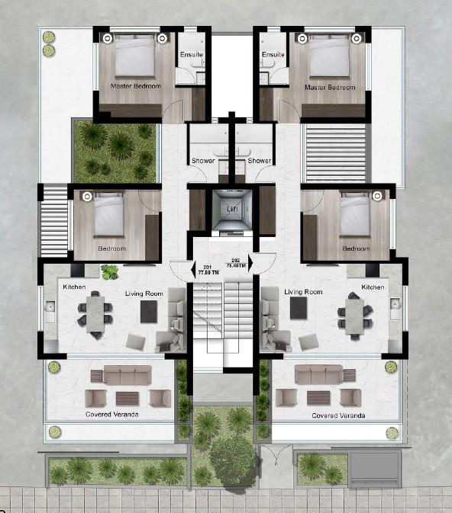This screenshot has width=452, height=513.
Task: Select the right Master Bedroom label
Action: [330, 88]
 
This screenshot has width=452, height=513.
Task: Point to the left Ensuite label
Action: [190, 55]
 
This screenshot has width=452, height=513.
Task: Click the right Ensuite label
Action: [273, 55]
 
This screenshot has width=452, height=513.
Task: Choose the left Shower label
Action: [202, 161]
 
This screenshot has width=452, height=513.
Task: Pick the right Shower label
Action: [260, 161]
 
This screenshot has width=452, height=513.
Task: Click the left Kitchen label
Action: [74, 287]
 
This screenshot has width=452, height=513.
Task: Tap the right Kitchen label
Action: [373, 287]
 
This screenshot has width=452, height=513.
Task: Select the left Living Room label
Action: [144, 292]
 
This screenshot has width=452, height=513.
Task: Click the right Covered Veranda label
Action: [338, 416]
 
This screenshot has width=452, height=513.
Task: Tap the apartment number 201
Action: [207, 263]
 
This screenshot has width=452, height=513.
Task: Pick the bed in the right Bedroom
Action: [355, 216]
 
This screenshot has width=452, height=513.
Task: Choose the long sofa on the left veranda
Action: [128, 374]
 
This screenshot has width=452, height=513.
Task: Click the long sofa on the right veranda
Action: [318, 374]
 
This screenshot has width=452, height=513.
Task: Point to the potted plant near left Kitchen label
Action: [110, 271]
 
